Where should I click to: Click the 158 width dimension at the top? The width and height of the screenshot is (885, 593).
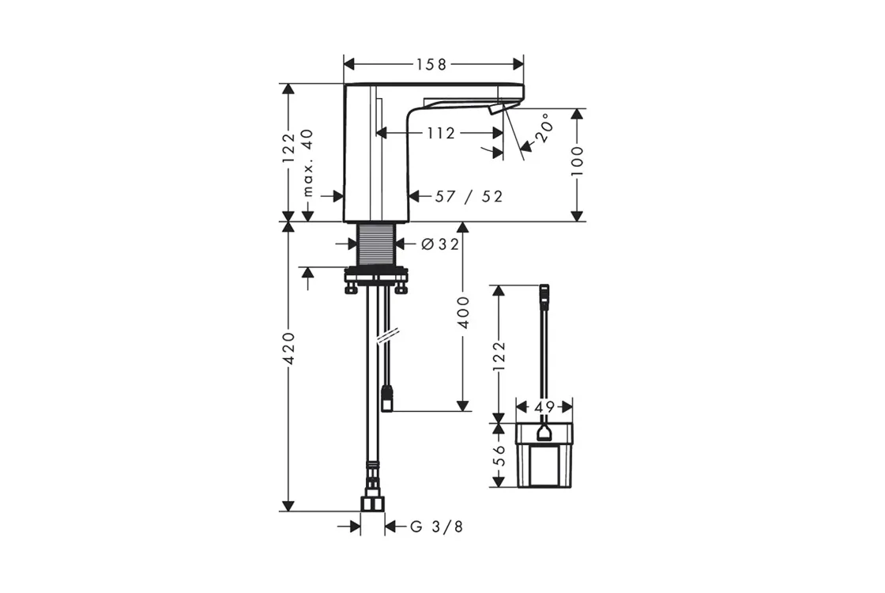pos(431,64)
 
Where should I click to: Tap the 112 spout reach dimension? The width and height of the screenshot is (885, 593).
pos(441,134)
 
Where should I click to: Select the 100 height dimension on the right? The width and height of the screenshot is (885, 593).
pos(576,161)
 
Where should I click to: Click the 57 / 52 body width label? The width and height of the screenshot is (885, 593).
pos(469,197)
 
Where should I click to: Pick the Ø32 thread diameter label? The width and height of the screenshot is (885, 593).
pos(440,244)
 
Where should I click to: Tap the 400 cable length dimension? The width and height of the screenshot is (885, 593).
pos(463,312)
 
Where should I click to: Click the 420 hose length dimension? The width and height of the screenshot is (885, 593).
pos(288,348)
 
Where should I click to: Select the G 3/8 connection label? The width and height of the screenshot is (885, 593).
pos(436,527)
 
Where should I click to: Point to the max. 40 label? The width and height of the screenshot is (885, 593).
pos(307,162)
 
